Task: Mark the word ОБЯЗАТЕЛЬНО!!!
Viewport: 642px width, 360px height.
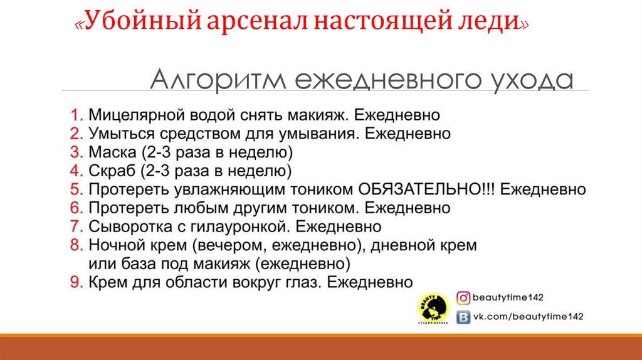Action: tap(426, 189)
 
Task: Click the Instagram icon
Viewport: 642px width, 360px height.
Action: tap(463, 298)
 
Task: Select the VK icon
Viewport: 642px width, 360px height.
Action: tap(463, 317)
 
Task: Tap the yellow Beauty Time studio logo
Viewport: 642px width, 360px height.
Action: tap(433, 308)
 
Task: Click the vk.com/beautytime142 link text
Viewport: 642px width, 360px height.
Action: tap(529, 317)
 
